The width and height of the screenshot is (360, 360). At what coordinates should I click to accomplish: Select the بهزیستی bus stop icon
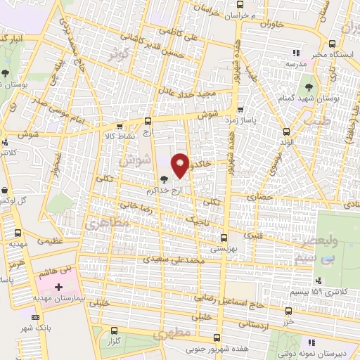tap(224, 237)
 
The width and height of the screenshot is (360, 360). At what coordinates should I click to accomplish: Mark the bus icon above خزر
tap(288, 310)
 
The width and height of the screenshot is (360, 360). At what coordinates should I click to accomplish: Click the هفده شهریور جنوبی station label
tap(217, 347)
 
